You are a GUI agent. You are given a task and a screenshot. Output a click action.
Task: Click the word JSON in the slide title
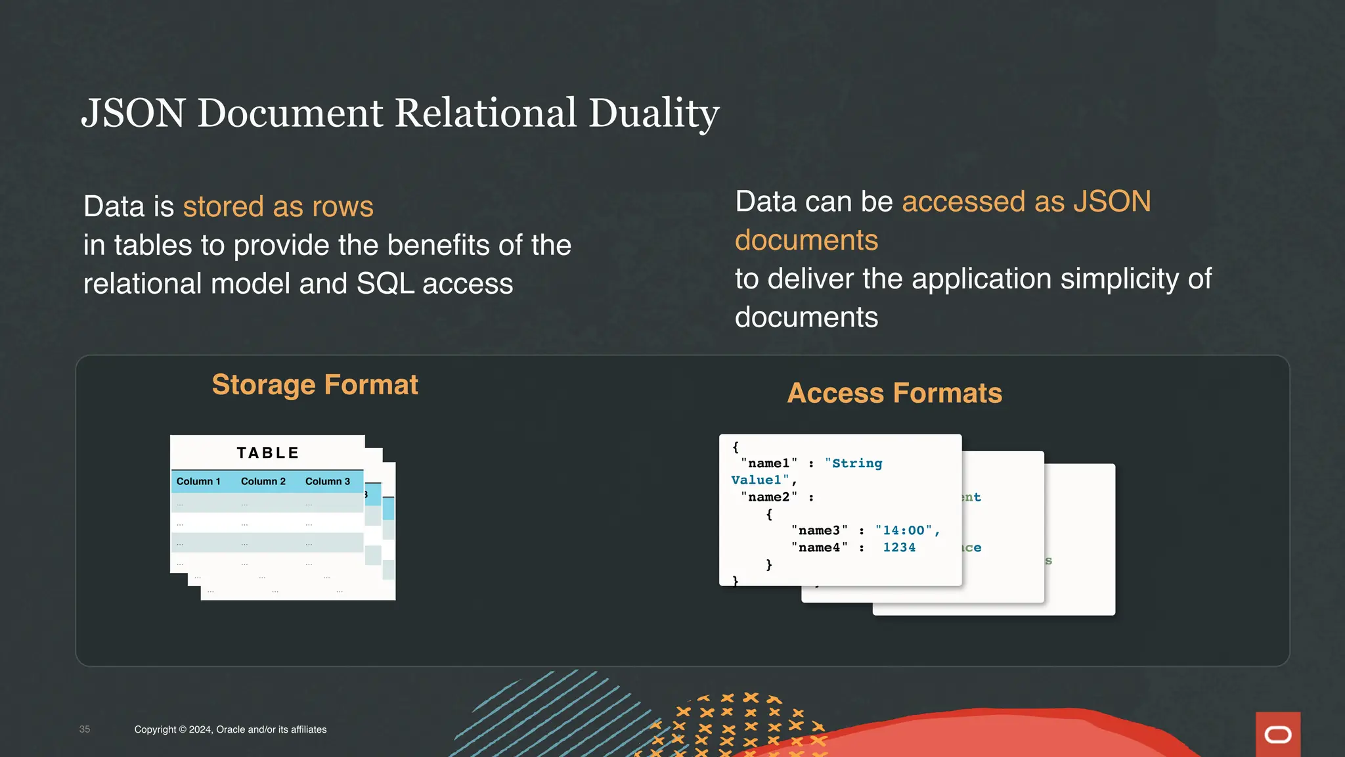point(133,113)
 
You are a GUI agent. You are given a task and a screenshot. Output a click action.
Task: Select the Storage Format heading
point(315,384)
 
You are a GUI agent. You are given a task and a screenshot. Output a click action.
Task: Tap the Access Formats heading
point(894,393)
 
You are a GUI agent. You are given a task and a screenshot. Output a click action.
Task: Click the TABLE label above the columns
point(268,453)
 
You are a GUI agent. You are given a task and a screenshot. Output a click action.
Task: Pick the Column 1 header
point(198,481)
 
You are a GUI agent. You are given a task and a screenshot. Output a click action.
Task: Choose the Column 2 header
point(263,481)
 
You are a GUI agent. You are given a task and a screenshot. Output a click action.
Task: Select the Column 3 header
point(328,481)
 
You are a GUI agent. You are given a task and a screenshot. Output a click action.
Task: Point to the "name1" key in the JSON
point(769,463)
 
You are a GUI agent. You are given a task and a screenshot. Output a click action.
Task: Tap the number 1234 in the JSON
point(899,547)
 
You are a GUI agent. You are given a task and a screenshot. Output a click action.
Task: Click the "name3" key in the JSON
point(819,530)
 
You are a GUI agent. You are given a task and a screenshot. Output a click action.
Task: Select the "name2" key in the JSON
point(769,497)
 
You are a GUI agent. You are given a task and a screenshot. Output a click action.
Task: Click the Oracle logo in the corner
point(1277,735)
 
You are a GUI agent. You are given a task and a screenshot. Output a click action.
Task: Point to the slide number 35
point(85,729)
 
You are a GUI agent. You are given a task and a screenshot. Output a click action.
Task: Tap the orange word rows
point(343,206)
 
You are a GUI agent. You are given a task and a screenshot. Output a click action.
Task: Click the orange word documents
point(806,240)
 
